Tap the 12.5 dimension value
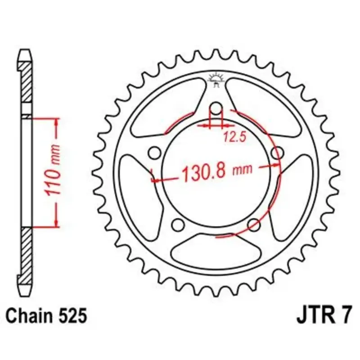(x=234, y=137)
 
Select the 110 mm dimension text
(x=53, y=171)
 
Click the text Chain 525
(x=46, y=316)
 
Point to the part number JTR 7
(x=324, y=316)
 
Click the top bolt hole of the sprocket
(x=216, y=108)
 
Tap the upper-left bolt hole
(x=154, y=153)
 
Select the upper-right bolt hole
(x=277, y=153)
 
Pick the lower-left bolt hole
(x=178, y=225)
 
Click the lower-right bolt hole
(x=254, y=225)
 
